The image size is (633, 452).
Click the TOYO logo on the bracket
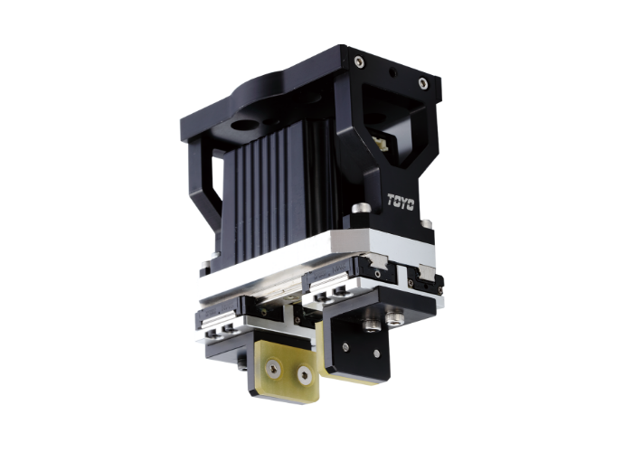point(401,202)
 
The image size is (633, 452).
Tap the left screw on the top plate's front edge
point(359,61)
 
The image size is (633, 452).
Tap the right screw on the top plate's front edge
point(422,83)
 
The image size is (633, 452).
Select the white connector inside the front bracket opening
point(383,144)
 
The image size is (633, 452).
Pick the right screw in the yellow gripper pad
point(304,372)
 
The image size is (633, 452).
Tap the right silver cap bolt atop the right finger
point(395,316)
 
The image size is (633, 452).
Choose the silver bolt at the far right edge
point(425,223)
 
